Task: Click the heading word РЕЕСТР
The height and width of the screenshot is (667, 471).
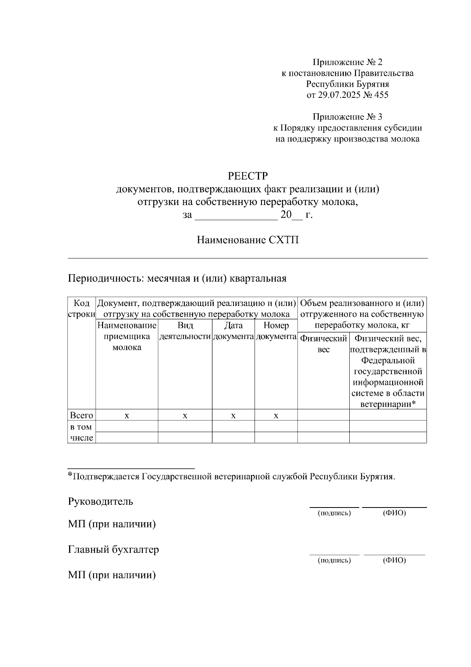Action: [248, 176]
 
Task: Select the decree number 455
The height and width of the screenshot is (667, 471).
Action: [381, 95]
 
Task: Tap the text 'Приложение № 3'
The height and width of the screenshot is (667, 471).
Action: [347, 117]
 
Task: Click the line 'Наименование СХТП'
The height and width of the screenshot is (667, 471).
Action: [248, 240]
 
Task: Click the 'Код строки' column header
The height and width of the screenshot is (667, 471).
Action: [82, 309]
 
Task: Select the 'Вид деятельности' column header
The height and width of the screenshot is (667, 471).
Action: [185, 331]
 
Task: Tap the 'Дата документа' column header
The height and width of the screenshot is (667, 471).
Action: [233, 331]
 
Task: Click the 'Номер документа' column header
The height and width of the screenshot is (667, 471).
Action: [276, 331]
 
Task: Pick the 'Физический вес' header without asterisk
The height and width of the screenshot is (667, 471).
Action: [323, 344]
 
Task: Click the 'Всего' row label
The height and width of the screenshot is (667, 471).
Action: [82, 415]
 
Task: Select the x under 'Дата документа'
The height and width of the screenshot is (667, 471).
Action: [233, 416]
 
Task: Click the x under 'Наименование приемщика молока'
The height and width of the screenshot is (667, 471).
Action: [127, 416]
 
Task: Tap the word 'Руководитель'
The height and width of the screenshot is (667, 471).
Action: [100, 502]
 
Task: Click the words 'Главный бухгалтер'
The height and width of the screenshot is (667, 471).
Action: [113, 549]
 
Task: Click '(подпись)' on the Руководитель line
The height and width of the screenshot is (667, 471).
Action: [334, 513]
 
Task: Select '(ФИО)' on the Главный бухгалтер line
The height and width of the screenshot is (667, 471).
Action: [394, 560]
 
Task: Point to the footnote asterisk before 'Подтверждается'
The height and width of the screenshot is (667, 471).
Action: [70, 475]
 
